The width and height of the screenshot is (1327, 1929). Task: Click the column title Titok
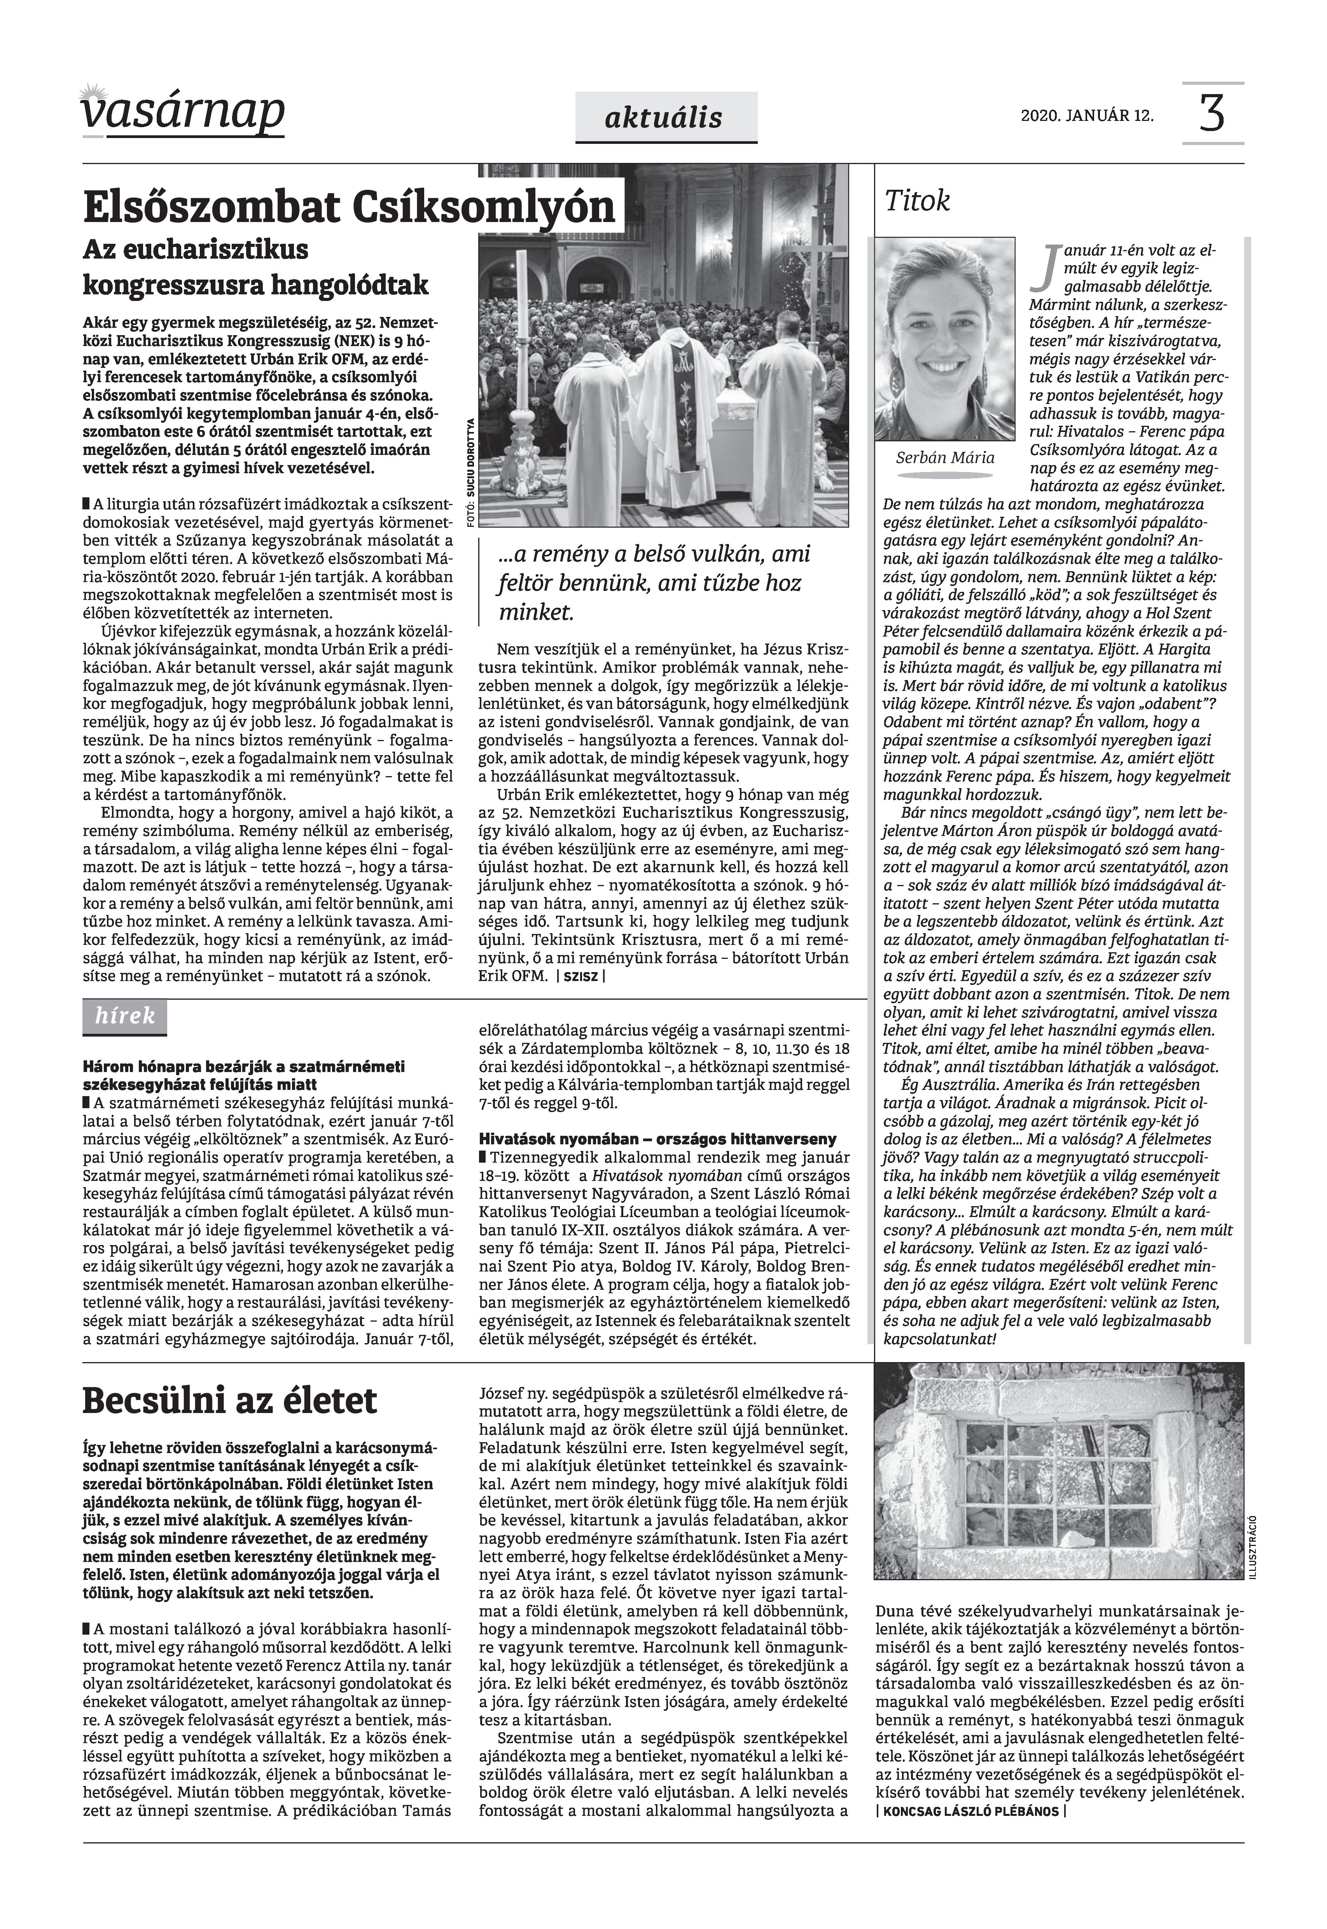click(x=917, y=201)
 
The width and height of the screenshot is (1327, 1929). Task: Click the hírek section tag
click(x=125, y=1015)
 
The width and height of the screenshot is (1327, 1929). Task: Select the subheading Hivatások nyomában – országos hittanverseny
click(x=657, y=1138)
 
